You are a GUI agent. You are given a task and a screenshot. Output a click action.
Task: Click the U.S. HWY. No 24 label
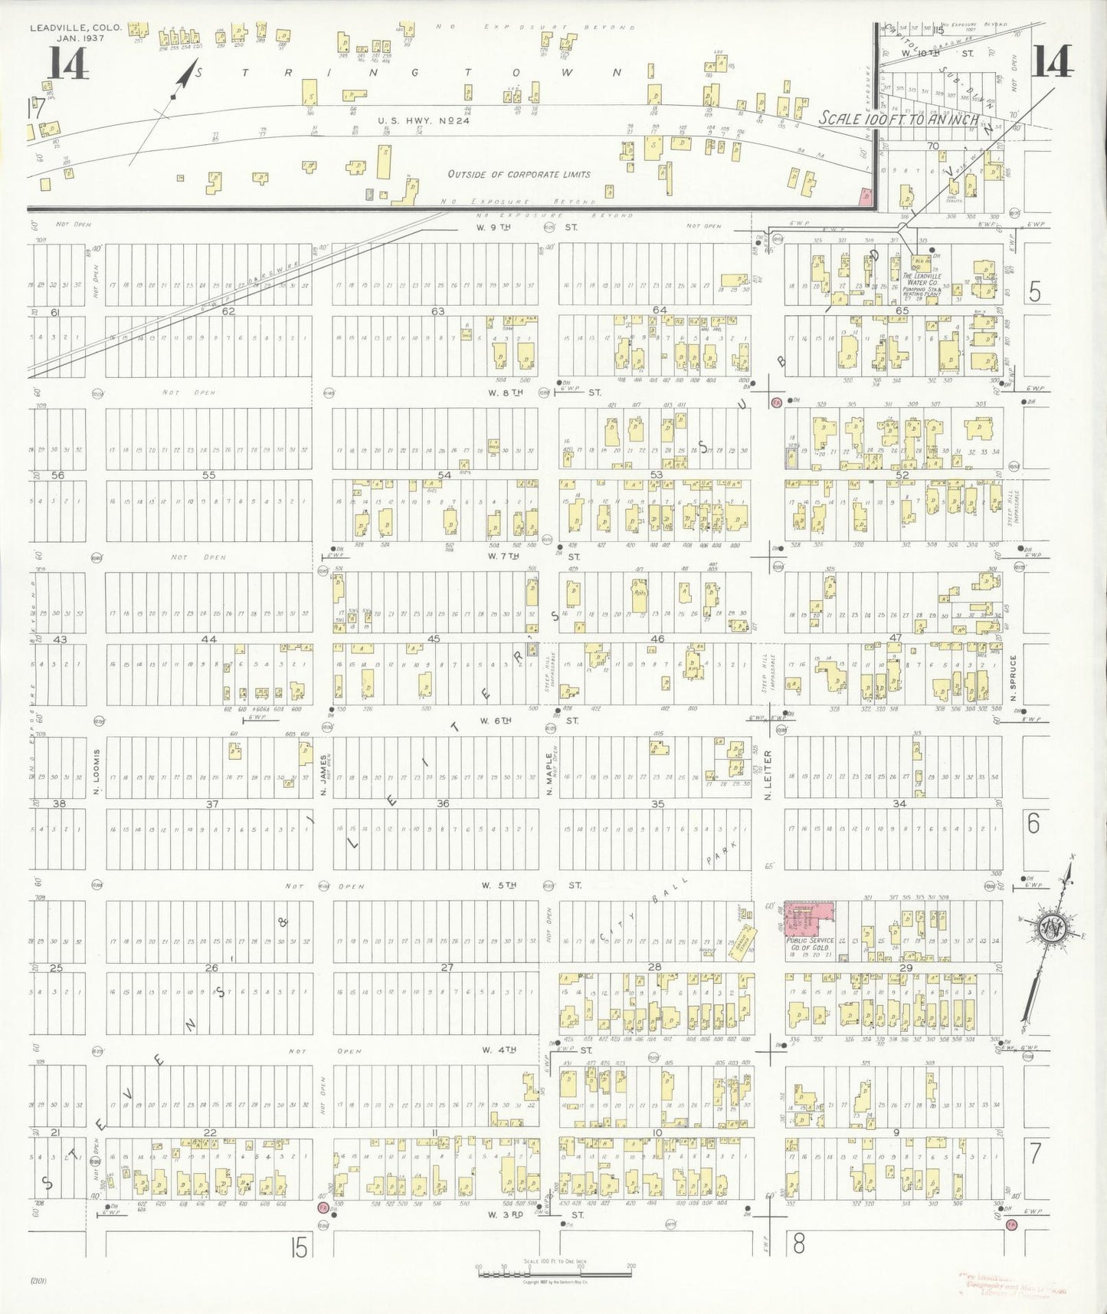point(423,120)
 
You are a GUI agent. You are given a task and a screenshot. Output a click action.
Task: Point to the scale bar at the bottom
point(554,1273)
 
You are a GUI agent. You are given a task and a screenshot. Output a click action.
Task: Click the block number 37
point(212,803)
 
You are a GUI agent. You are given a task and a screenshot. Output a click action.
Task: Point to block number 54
point(444,475)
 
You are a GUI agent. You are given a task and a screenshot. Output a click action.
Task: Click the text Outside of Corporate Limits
point(519,174)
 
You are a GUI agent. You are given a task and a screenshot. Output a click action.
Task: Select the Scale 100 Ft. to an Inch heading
point(898,119)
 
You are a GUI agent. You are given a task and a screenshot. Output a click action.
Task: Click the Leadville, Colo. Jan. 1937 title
point(75,32)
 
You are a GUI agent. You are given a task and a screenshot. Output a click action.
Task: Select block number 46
point(657,638)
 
